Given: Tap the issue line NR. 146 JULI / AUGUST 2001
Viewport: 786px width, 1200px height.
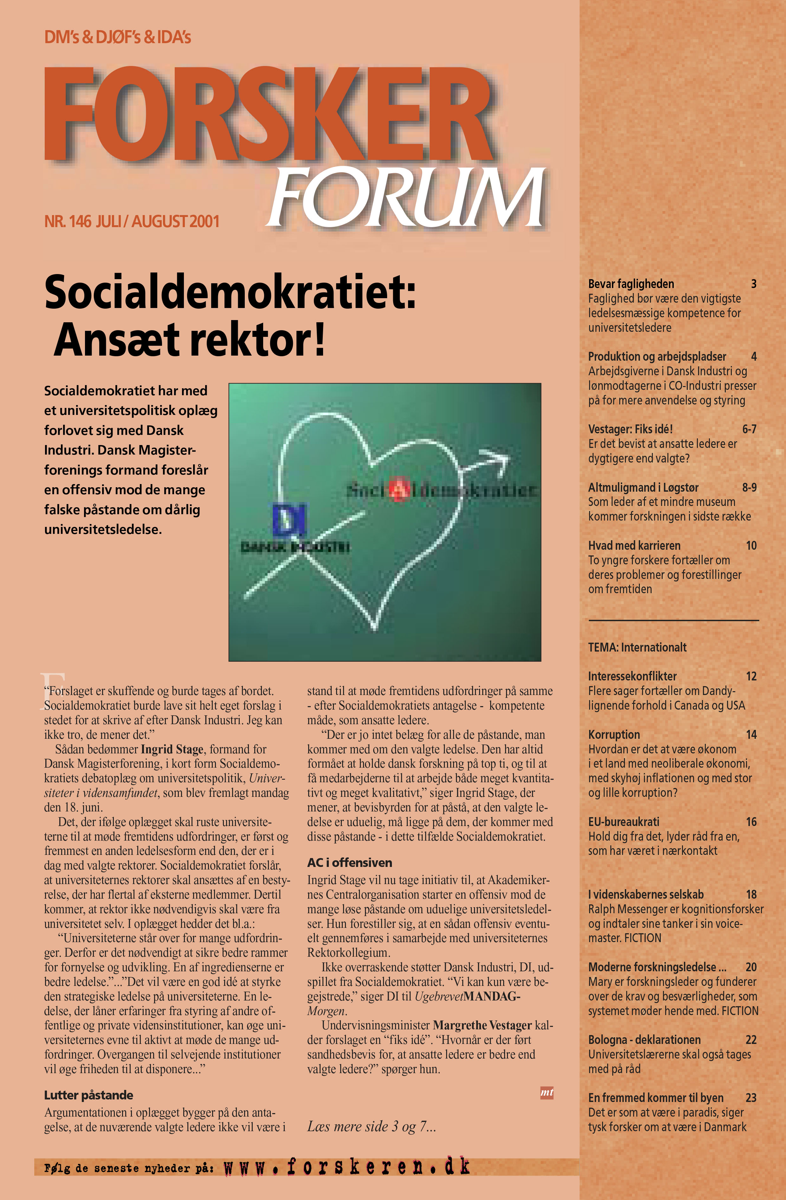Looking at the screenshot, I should pos(132,221).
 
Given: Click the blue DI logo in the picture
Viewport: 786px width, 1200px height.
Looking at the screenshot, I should pos(289,519).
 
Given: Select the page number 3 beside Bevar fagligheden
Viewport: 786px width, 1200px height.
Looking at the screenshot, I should pos(753,284).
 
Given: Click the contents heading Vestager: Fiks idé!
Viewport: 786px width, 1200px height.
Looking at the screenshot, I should pos(630,429).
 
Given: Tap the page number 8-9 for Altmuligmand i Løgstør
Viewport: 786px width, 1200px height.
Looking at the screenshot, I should pos(749,488).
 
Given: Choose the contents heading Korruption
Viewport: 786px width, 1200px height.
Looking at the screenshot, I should pos(614,735).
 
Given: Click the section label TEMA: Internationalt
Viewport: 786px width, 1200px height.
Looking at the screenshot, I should pos(637,647).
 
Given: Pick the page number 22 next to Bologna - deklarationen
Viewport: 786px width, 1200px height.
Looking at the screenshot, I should pos(751,1040).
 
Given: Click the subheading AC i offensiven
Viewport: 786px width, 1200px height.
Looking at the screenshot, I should pos(349,863).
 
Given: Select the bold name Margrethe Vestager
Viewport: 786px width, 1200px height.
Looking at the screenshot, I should pos(482,1026).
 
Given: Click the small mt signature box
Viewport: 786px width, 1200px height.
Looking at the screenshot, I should pos(547,1092).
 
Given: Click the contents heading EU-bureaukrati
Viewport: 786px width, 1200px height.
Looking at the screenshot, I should pos(623,822).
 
